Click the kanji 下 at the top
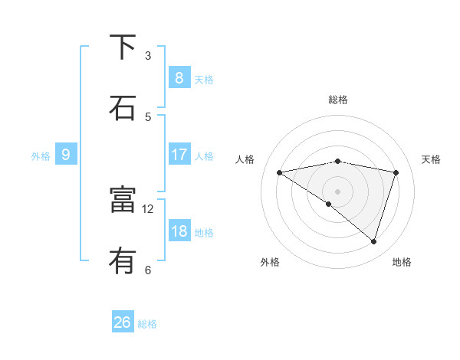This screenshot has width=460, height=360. [123, 47]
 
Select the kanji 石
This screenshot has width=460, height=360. [123, 108]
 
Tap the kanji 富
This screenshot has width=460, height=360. [123, 201]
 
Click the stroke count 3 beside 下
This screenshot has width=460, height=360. [148, 55]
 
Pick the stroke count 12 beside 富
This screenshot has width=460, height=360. [148, 208]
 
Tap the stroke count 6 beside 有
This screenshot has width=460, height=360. [148, 270]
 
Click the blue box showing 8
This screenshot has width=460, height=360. [179, 77]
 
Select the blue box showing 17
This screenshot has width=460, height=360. [179, 155]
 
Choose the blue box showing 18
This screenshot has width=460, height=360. [179, 231]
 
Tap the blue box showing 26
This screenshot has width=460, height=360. [123, 322]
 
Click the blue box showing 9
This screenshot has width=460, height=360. [66, 155]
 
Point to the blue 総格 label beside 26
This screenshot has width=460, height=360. [148, 324]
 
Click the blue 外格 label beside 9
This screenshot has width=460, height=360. [41, 156]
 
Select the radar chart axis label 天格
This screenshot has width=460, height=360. [431, 159]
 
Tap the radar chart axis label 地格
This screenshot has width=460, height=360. [402, 262]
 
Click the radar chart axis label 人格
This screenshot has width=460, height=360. [245, 159]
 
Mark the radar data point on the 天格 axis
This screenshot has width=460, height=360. [396, 172]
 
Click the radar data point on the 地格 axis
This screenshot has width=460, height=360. [374, 241]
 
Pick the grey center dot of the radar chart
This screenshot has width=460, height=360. [337, 191]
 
